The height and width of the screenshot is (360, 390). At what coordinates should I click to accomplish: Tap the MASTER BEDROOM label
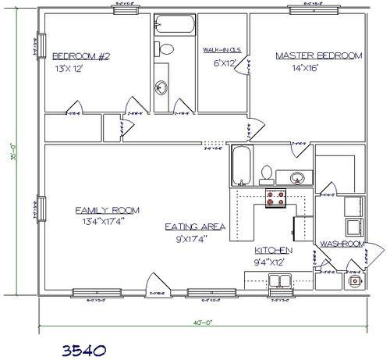[x=318, y=55]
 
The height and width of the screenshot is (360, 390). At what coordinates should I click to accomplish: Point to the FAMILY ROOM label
[x=107, y=210]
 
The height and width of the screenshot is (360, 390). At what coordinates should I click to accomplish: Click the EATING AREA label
[x=195, y=226]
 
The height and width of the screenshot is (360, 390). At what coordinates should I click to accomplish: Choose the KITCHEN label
[x=273, y=250]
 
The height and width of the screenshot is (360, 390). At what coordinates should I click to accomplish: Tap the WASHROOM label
[x=342, y=244]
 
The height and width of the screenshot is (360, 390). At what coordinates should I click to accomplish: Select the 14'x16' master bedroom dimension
[x=315, y=70]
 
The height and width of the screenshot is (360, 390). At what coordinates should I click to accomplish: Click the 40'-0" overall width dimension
[x=204, y=321]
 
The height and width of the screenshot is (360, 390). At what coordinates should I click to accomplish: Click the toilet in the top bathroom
[x=166, y=48]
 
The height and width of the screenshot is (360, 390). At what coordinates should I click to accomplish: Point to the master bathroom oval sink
[x=296, y=176]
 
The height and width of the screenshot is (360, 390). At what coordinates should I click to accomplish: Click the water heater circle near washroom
[x=355, y=280]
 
